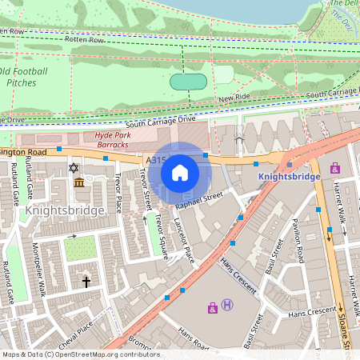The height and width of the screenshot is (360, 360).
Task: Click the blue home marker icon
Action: click(180, 173)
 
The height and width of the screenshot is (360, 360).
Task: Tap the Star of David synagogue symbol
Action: click(74, 168)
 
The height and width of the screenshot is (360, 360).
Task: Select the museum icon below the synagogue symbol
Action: click(79, 184)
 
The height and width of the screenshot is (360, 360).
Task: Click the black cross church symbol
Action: click(86, 282)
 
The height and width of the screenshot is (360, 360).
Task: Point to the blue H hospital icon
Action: click(228, 304)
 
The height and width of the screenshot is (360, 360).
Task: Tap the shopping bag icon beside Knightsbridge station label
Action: click(334, 168)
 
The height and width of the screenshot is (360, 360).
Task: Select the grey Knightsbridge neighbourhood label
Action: click(65, 210)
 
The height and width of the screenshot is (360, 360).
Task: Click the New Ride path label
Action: click(234, 98)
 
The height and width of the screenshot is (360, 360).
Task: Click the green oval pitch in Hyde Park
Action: click(188, 82)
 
